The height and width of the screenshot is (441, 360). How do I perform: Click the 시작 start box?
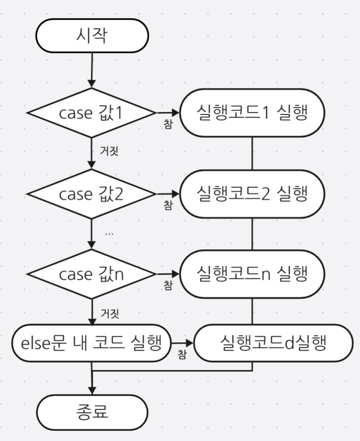(92, 35)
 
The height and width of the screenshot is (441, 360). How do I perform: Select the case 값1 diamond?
(91, 113)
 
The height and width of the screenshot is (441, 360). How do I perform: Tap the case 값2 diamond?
(91, 194)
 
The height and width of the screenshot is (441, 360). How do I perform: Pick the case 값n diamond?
(91, 275)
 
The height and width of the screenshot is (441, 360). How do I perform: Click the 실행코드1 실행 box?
(252, 113)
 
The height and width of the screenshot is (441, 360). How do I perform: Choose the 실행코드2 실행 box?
(252, 194)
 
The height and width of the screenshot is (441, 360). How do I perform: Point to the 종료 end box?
(92, 411)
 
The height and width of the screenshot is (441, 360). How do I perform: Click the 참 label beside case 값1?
(168, 124)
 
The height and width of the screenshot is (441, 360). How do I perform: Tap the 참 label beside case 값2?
(168, 205)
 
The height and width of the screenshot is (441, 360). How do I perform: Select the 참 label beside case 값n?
(168, 285)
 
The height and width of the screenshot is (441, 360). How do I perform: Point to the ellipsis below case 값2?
(109, 233)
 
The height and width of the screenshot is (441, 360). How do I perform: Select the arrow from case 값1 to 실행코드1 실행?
(167, 113)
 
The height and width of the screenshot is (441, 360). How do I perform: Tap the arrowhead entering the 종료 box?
(91, 390)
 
